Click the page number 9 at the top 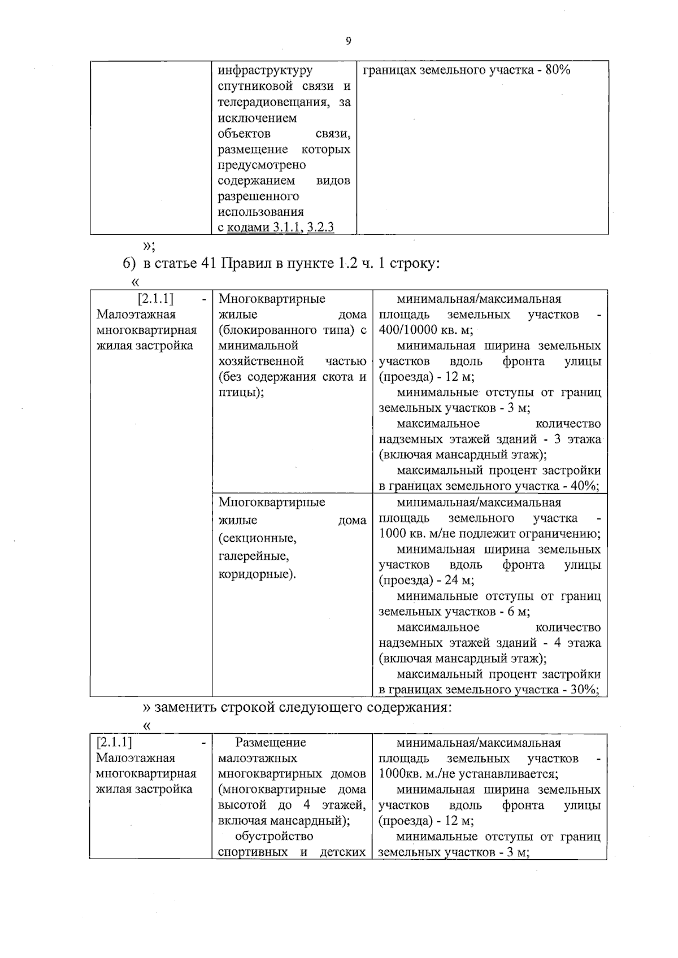(348, 41)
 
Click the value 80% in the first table (558, 70)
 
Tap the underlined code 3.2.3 (320, 227)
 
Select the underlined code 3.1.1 (288, 227)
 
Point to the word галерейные (253, 556)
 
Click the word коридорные (257, 574)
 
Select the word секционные (257, 538)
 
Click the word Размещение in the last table (271, 742)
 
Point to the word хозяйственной (261, 361)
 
